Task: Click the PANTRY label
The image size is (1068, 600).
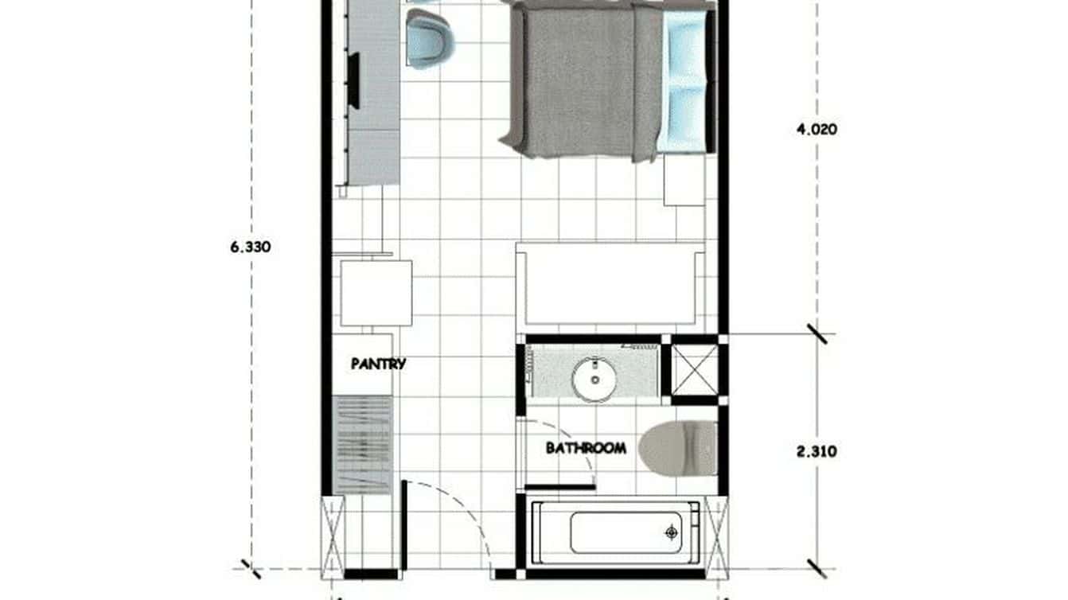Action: pyautogui.click(x=378, y=364)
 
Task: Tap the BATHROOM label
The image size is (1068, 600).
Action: pyautogui.click(x=585, y=448)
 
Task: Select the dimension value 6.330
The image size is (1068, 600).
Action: pyautogui.click(x=250, y=247)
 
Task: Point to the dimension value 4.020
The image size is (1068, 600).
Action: pyautogui.click(x=817, y=129)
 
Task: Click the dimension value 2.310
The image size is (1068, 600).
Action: pyautogui.click(x=817, y=452)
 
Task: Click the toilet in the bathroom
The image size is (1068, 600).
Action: pyautogui.click(x=677, y=446)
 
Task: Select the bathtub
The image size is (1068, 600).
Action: pyautogui.click(x=618, y=532)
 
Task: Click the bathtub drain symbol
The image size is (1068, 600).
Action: pyautogui.click(x=672, y=532)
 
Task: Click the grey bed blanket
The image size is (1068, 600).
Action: pyautogui.click(x=585, y=80)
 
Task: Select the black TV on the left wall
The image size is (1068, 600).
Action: pyautogui.click(x=353, y=80)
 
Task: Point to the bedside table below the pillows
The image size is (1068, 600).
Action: pyautogui.click(x=684, y=181)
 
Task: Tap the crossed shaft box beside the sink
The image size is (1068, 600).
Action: pyautogui.click(x=694, y=368)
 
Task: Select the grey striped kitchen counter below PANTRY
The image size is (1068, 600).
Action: pyautogui.click(x=362, y=446)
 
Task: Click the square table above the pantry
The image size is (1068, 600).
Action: pyautogui.click(x=376, y=292)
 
